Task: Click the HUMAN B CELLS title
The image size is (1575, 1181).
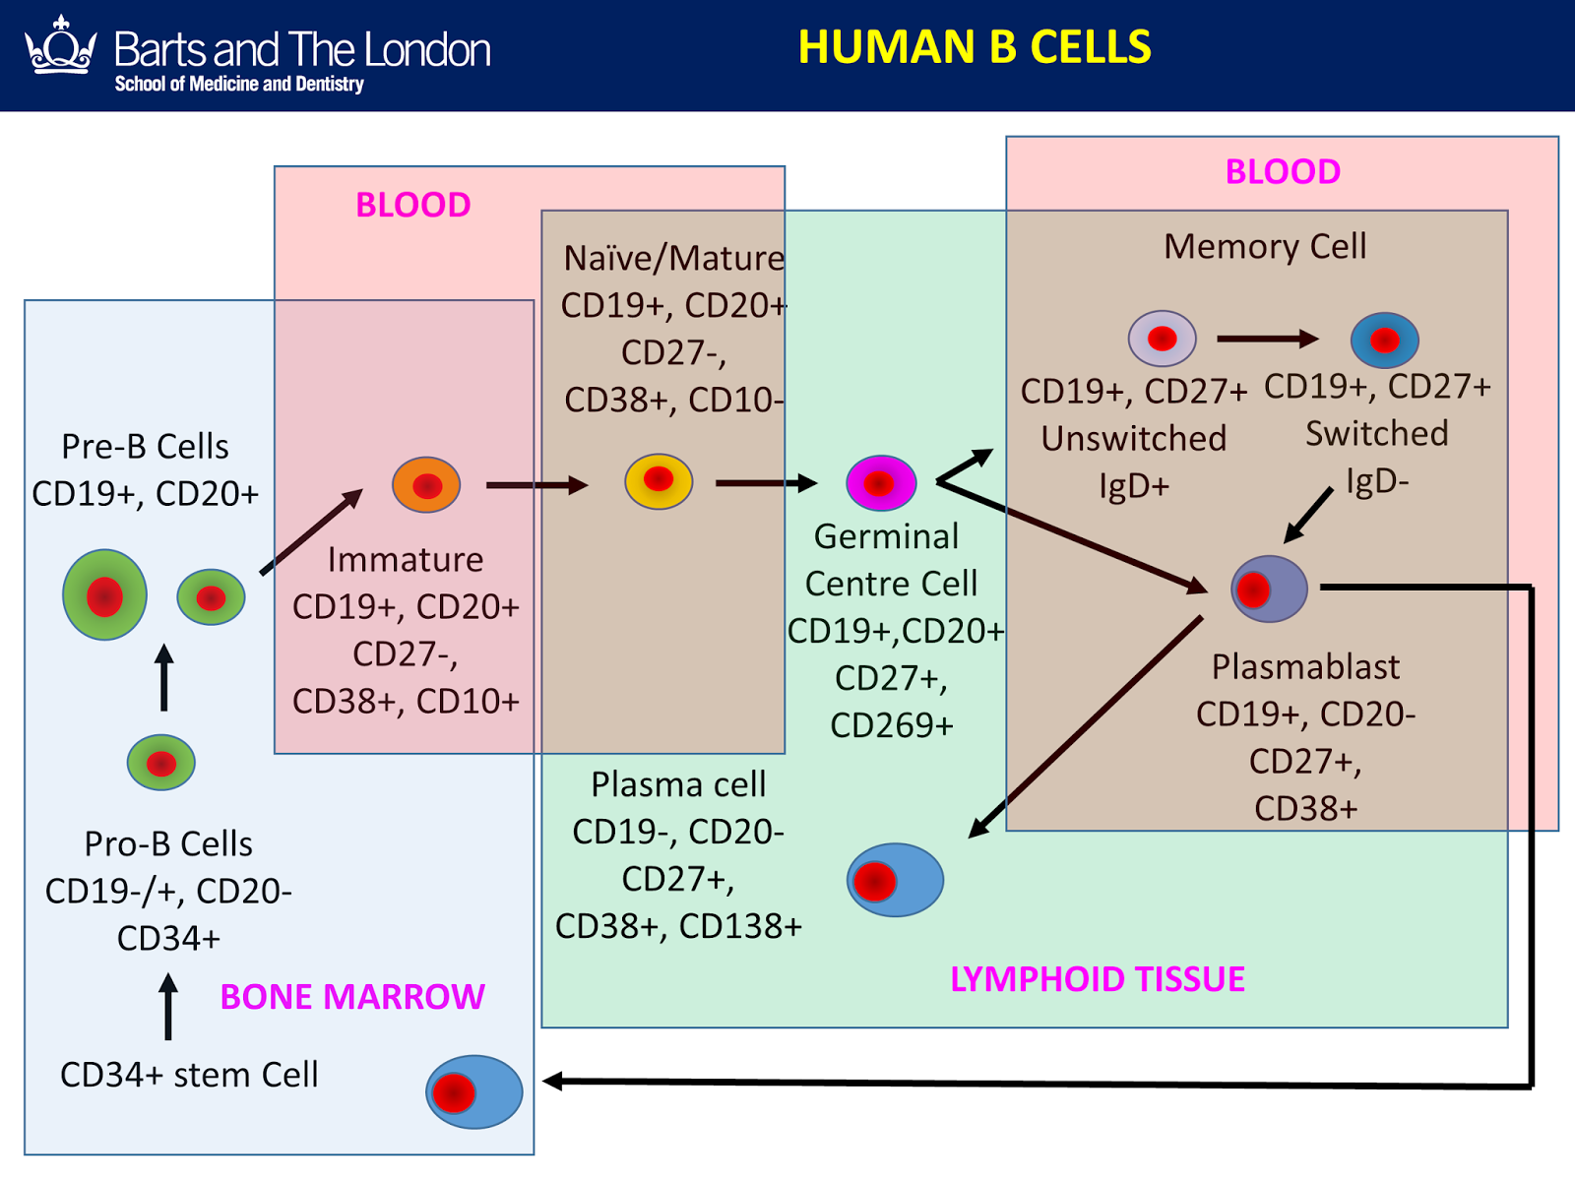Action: click(x=974, y=47)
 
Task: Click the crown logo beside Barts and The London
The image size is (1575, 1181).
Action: click(x=61, y=46)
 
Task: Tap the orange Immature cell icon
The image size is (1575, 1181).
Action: click(x=426, y=484)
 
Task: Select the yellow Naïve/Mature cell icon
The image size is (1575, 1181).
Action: click(x=659, y=481)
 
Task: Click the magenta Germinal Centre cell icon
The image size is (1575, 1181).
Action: click(x=881, y=483)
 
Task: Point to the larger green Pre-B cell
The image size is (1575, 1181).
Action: click(x=105, y=595)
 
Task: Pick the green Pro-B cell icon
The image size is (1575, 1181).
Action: click(x=161, y=763)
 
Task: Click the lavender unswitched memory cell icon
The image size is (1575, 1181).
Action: click(x=1162, y=339)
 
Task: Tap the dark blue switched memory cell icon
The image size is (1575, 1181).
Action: click(x=1384, y=341)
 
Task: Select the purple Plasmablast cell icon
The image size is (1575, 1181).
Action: click(x=1269, y=589)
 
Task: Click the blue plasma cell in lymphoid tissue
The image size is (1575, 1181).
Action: click(x=895, y=880)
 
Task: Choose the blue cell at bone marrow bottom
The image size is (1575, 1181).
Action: click(x=473, y=1091)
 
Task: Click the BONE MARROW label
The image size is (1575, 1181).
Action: click(x=351, y=997)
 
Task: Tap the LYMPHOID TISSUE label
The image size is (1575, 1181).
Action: click(x=1097, y=979)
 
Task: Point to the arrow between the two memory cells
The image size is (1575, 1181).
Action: click(x=1267, y=339)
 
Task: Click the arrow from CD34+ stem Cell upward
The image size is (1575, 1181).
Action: click(x=168, y=1007)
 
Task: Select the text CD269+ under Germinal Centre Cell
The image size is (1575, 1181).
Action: click(x=891, y=725)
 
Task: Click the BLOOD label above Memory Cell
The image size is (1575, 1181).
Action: click(x=1282, y=171)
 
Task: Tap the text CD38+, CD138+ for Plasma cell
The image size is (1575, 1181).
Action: click(x=678, y=926)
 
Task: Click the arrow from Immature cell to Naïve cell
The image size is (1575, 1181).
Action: click(x=536, y=484)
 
